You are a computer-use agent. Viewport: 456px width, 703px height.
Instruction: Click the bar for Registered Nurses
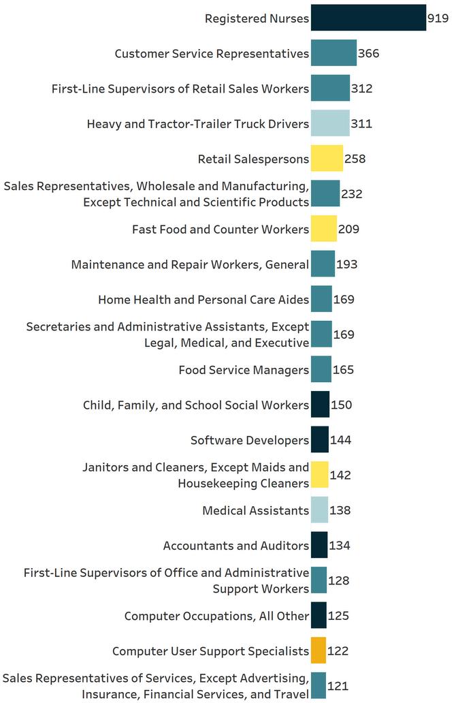point(368,18)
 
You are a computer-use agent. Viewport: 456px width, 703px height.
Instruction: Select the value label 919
point(437,18)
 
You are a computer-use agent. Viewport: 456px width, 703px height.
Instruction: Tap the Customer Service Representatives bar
point(333,53)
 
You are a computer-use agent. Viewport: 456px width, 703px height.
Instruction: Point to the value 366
point(368,54)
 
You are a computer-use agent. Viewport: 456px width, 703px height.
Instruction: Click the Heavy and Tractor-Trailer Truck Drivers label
point(198,124)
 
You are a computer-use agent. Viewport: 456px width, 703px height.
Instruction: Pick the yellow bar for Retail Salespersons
point(327,159)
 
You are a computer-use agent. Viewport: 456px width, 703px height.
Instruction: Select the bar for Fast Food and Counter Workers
point(324,229)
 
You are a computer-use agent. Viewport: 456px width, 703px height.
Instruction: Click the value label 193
point(346,264)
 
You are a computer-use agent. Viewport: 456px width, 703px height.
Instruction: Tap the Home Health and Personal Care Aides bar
point(321,299)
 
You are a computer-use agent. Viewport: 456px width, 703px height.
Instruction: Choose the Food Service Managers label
point(244,370)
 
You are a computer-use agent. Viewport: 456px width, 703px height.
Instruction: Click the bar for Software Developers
point(320,440)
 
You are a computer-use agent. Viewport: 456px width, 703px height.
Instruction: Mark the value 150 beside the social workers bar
point(342,405)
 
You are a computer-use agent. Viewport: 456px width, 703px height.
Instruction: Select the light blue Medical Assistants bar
point(319,510)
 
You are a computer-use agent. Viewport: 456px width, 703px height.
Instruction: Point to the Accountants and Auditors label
point(236,546)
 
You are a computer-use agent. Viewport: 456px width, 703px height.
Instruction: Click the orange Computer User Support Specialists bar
point(319,651)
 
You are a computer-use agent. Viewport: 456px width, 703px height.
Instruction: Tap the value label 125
point(339,616)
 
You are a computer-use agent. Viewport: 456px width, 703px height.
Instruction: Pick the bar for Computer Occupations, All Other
point(319,616)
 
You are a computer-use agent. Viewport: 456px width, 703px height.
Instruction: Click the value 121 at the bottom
point(338,686)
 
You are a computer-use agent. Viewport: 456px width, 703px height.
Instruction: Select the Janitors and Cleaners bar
point(320,475)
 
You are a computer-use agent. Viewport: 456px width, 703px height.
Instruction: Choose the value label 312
point(361,89)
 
